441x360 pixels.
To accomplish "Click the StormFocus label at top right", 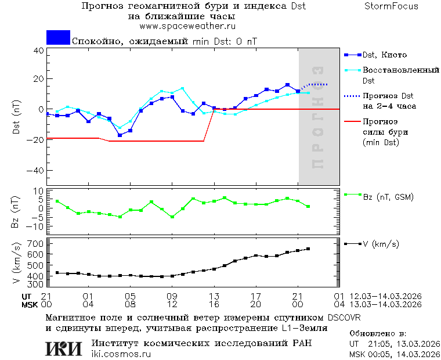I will click(391, 6).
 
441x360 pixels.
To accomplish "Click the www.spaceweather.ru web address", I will click(187, 26).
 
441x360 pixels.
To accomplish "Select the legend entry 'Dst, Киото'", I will click(384, 55).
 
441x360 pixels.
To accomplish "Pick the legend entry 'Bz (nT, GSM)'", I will click(388, 197).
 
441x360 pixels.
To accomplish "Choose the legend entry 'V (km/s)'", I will click(381, 244).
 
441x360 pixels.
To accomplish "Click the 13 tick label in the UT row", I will click(214, 296).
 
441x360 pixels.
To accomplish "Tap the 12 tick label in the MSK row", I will click(172, 304).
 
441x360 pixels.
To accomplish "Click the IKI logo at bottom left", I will click(64, 348).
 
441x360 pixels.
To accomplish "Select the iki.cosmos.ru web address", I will click(121, 354).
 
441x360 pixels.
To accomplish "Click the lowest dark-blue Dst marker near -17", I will click(120, 135).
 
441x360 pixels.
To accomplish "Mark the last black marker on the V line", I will click(308, 249).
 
